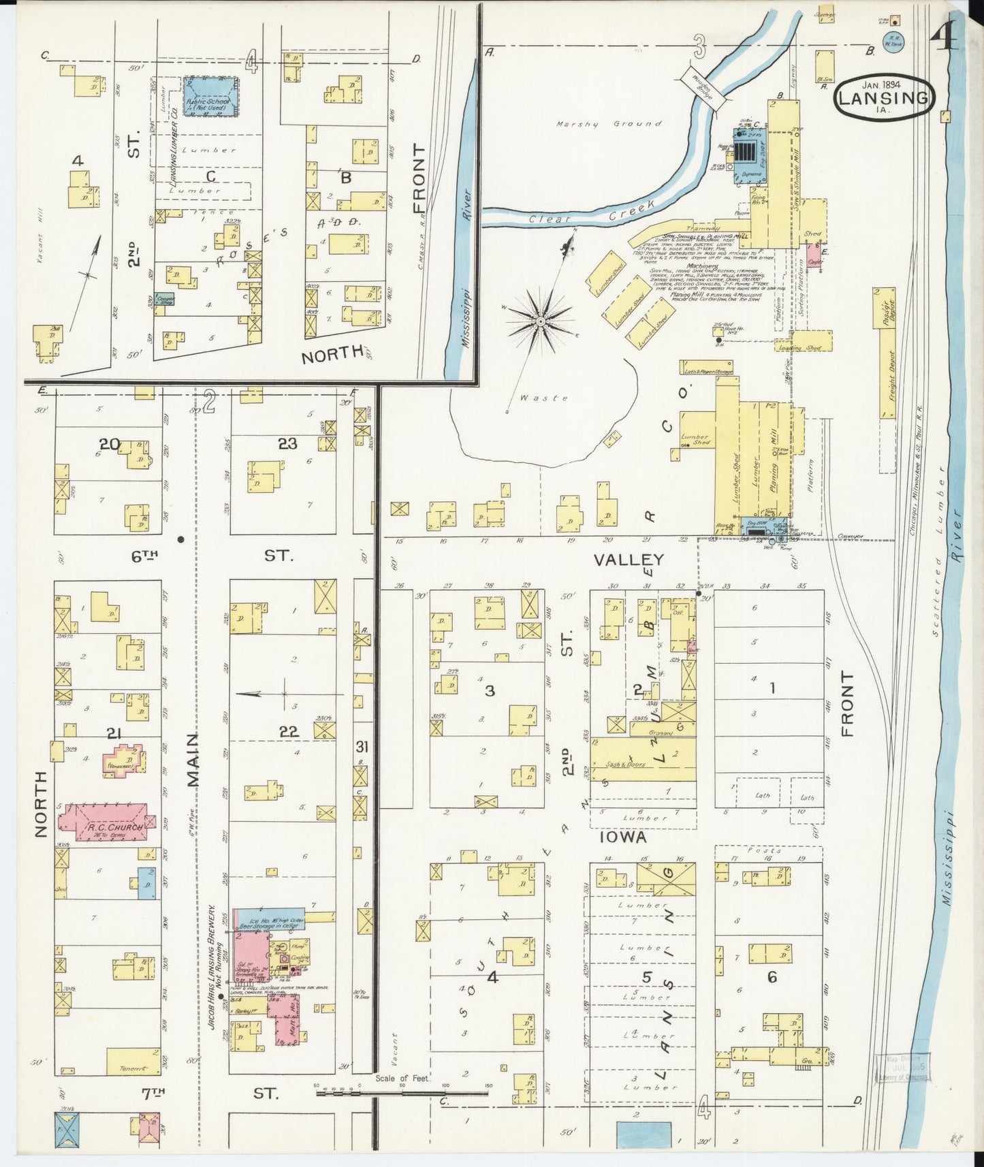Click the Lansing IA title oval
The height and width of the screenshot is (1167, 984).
point(883,97)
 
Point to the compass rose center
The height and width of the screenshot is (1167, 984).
point(539,319)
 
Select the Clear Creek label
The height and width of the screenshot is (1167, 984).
point(591,212)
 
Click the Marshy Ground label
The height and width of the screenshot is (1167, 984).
point(608,124)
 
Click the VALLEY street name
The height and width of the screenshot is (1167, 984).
point(628,560)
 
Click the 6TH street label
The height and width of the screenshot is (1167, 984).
point(146,556)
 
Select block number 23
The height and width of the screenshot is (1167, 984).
point(287,443)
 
